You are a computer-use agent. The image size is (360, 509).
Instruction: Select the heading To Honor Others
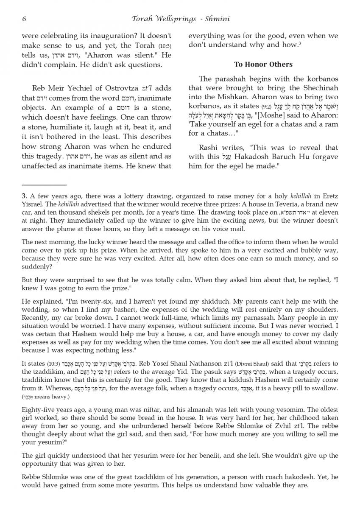click(x=263, y=64)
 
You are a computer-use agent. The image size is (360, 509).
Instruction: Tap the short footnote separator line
click(x=44, y=185)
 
